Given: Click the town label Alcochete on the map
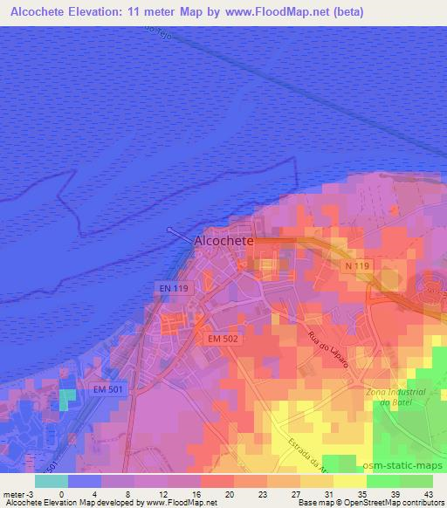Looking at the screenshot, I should (x=223, y=240).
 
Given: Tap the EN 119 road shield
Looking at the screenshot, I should (x=174, y=285).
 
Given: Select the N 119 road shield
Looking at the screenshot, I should (x=353, y=264).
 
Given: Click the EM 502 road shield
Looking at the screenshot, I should (x=224, y=337).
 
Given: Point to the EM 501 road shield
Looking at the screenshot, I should (x=110, y=389).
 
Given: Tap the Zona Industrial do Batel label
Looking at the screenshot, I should (x=397, y=397).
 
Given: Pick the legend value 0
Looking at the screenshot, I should (x=61, y=493).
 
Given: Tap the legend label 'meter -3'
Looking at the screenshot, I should (x=17, y=493).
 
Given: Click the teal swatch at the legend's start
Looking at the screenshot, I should (x=51, y=480).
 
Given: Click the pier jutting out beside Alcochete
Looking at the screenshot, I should (x=178, y=233).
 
